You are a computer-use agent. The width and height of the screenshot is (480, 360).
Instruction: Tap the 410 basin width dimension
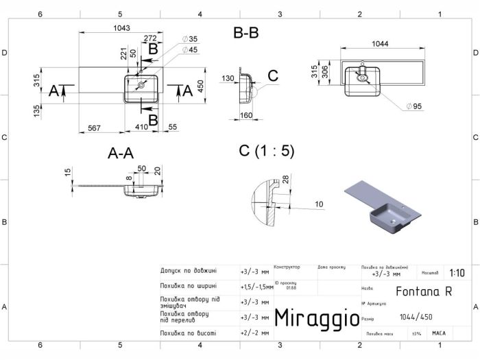(x=141, y=127)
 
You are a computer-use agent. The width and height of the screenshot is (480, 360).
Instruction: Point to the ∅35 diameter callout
(x=190, y=39)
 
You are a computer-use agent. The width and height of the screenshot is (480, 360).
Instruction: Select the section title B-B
(x=246, y=32)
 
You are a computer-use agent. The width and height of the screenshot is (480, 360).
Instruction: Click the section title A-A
(x=120, y=154)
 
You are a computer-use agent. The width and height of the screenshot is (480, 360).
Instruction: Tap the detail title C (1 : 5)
(x=266, y=152)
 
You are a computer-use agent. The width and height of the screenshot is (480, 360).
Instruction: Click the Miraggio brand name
(x=316, y=317)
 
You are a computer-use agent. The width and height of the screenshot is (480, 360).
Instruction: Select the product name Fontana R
(x=423, y=291)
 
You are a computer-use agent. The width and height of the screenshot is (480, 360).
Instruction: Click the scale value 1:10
(x=455, y=272)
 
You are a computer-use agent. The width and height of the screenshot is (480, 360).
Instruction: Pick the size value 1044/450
(x=416, y=316)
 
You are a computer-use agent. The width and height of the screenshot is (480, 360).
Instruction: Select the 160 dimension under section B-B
(x=248, y=115)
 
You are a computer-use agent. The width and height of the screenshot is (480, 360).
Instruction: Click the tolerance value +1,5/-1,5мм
(x=256, y=287)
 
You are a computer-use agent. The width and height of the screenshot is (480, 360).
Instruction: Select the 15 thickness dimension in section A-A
(x=68, y=172)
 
